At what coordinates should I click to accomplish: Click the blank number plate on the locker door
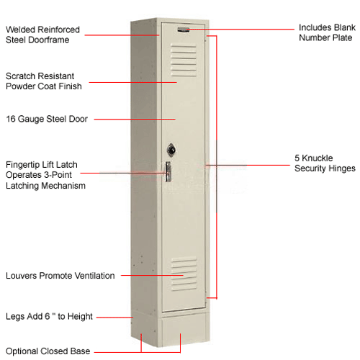tap(184, 30)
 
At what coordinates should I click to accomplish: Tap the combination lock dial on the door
tap(171, 150)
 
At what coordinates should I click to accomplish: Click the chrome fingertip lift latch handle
tap(168, 171)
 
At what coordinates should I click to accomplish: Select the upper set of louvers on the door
tap(184, 60)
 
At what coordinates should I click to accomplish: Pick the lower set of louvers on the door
tap(184, 274)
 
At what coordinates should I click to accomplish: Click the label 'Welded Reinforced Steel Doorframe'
tap(42, 35)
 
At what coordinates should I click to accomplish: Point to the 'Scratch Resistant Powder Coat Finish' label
tap(44, 81)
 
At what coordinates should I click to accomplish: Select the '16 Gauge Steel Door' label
tap(47, 119)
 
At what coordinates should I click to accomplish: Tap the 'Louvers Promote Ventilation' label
tap(60, 276)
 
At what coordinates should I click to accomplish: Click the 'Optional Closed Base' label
tap(48, 351)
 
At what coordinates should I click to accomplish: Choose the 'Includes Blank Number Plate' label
tap(327, 32)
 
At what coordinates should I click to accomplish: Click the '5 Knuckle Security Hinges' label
tap(325, 163)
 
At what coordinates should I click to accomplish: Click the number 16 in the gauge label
tap(11, 119)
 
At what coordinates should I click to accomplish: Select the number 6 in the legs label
tap(48, 316)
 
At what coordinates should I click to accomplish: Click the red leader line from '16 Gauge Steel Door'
tap(135, 119)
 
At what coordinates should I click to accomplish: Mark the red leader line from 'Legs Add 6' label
tap(114, 318)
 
